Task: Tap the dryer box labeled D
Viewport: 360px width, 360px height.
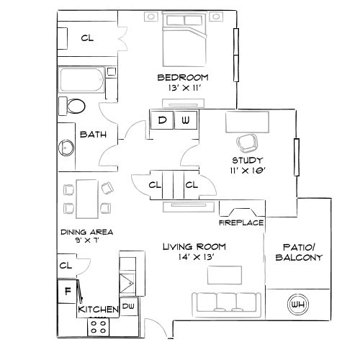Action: (162, 120)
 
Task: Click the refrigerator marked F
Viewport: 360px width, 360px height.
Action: (68, 292)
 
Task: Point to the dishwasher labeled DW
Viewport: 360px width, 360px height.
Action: (129, 307)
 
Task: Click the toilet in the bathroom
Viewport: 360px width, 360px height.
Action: (75, 108)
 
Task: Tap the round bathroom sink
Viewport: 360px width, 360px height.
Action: (66, 148)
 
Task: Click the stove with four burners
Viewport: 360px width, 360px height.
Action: (99, 326)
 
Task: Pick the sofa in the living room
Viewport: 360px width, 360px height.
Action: (225, 302)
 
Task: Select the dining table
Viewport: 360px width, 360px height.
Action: (87, 197)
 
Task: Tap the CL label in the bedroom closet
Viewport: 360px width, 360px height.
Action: (87, 37)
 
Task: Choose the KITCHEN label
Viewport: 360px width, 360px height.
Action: (98, 310)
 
